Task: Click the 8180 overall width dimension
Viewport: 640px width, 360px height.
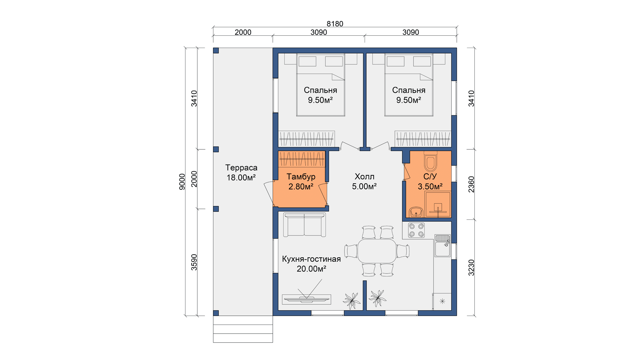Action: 335,24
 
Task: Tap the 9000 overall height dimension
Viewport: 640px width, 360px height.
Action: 182,182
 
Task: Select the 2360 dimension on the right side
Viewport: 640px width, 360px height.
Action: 471,184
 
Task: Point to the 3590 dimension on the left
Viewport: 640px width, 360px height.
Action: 194,262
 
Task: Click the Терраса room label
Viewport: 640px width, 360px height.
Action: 241,168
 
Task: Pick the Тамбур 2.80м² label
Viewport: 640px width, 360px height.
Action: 301,182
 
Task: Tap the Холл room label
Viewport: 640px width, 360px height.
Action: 364,177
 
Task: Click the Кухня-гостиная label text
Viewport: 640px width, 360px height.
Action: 311,259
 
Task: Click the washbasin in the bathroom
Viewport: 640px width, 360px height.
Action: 416,212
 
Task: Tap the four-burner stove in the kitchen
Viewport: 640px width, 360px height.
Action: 416,230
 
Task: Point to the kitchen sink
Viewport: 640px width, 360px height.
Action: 443,246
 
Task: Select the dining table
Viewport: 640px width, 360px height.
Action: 377,251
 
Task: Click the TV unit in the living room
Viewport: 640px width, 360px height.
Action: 306,299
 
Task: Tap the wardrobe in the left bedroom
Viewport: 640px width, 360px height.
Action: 306,139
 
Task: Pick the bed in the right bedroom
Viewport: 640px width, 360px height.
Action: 409,85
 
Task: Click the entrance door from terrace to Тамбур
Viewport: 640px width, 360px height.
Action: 269,193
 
